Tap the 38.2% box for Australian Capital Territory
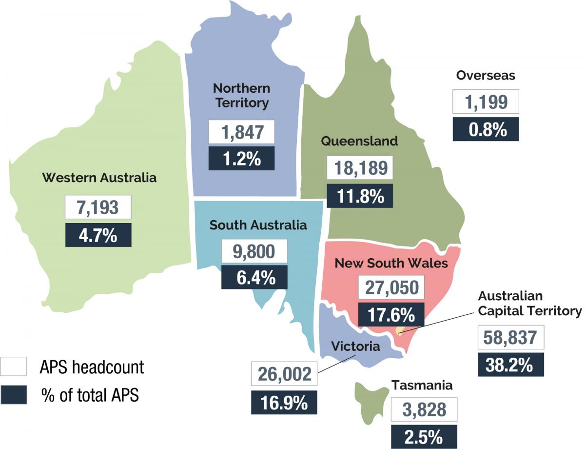[510, 364]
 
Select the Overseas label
[486, 75]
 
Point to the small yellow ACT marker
[400, 331]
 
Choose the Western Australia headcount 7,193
[98, 207]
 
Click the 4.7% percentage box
[98, 235]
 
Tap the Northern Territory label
[241, 96]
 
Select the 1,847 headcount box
[241, 132]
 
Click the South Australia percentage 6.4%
[254, 277]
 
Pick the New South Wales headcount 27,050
[391, 287]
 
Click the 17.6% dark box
[391, 315]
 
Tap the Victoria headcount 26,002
[284, 374]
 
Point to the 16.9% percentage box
[284, 403]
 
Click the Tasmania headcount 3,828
[424, 409]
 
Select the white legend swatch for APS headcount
[14, 367]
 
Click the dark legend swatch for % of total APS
[14, 394]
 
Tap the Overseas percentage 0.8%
[486, 130]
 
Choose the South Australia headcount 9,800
[254, 251]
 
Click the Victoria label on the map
[355, 347]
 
